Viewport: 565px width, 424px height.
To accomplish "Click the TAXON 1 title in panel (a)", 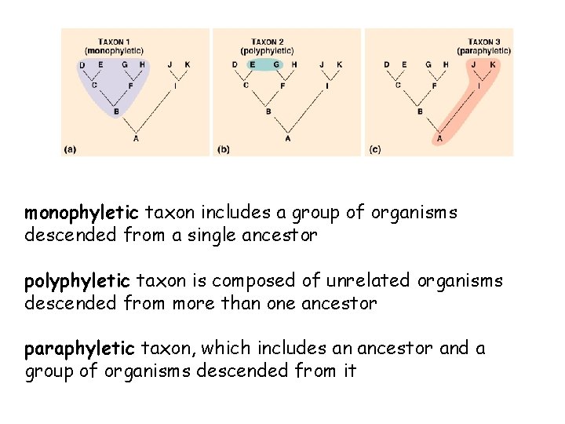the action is tap(115, 42).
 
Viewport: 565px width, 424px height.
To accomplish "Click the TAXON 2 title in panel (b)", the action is tap(268, 42).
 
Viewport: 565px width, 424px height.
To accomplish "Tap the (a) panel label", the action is tap(70, 148).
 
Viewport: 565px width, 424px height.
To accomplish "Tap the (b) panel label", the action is tap(223, 148).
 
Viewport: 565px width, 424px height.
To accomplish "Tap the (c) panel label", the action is tap(374, 148).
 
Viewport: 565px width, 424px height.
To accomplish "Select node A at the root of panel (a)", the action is tap(136, 137).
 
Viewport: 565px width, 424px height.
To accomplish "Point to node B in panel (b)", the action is tap(268, 112).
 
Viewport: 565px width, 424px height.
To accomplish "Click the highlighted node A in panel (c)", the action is tap(439, 138).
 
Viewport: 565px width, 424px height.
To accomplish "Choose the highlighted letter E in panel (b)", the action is tap(252, 64).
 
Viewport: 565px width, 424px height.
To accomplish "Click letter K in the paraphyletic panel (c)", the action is tap(493, 64).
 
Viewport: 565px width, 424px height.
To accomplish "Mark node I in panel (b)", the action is tap(326, 85).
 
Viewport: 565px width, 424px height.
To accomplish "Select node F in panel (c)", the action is tap(434, 85).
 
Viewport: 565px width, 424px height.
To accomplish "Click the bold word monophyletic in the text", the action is tap(82, 213).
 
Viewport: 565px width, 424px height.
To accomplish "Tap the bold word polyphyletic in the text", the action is tap(78, 280).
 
